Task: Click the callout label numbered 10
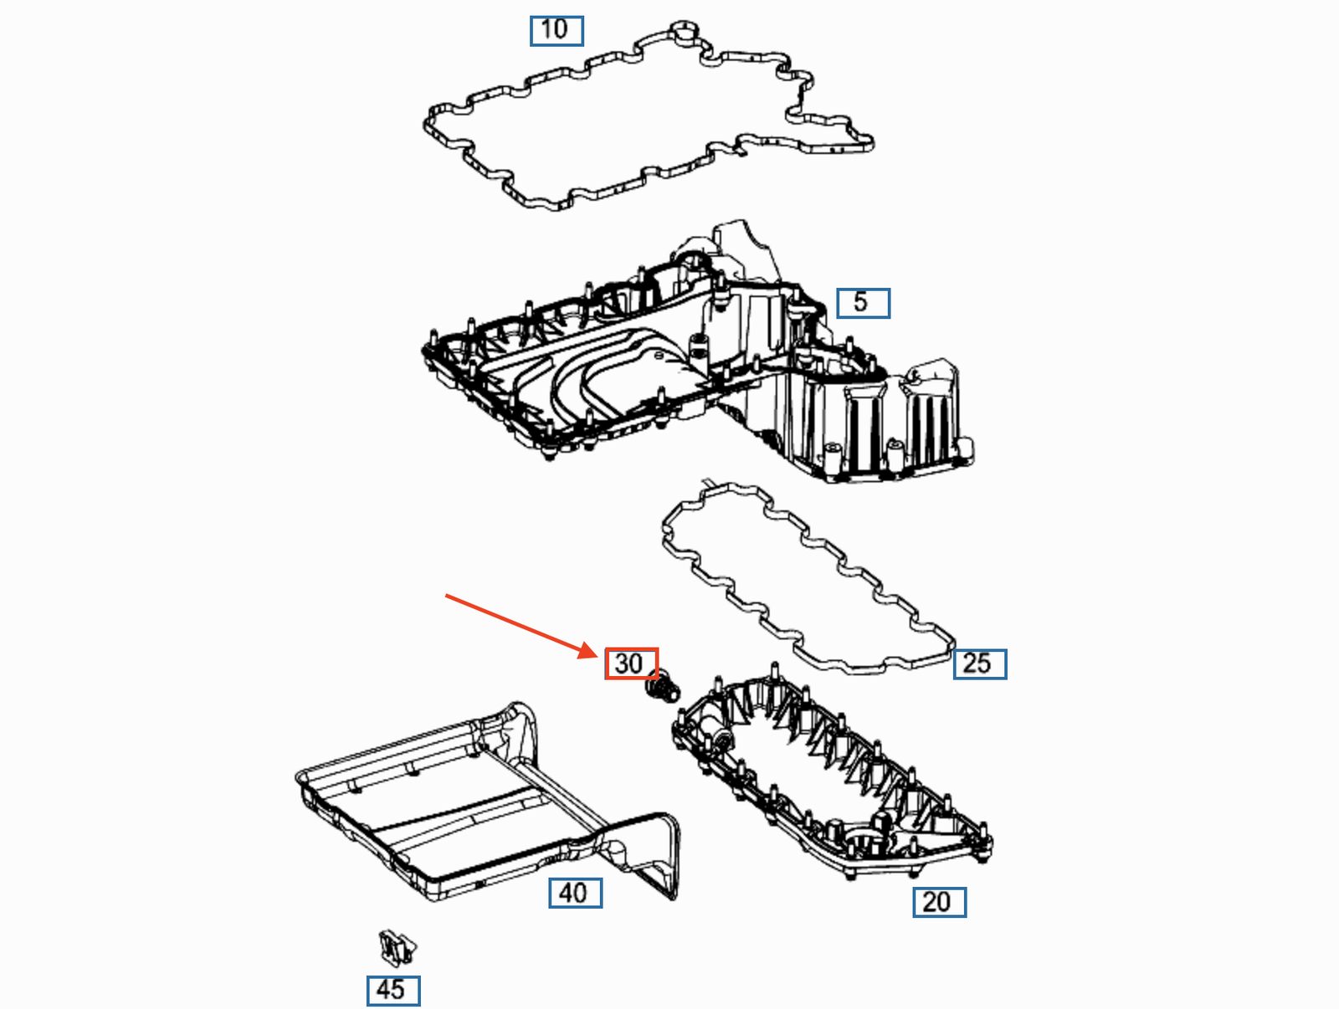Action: (x=557, y=31)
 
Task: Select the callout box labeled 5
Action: (x=863, y=303)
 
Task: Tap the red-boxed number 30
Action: (x=631, y=663)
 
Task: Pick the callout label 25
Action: (x=980, y=664)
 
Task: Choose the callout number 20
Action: (x=940, y=902)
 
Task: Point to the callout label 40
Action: (x=575, y=894)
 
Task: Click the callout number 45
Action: (x=392, y=991)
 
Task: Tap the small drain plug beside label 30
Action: (x=663, y=688)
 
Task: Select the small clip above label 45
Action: (x=398, y=948)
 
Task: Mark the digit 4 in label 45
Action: (x=383, y=990)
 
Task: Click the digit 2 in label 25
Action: (x=971, y=663)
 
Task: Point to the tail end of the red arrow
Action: (x=446, y=596)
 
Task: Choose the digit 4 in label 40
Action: (x=566, y=894)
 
